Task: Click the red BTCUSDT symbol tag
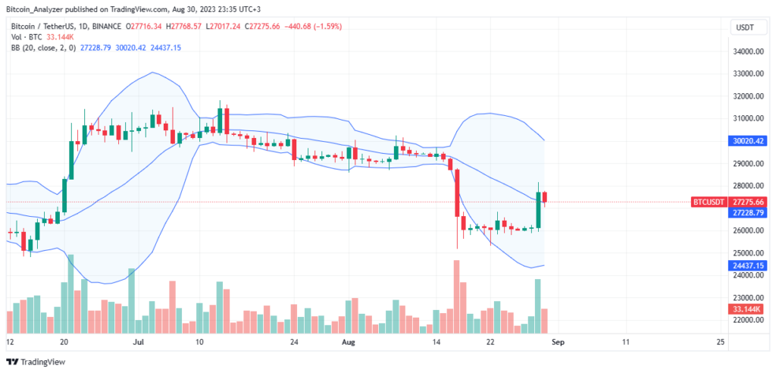tap(709, 202)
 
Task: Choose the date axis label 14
tap(437, 343)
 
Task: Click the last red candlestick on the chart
tap(546, 198)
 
